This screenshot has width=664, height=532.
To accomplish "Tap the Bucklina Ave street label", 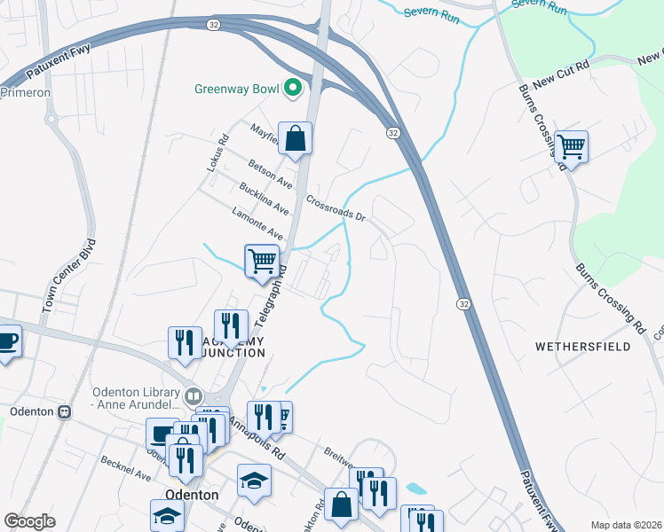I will point(264,198).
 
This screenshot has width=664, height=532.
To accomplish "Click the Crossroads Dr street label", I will point(336,208).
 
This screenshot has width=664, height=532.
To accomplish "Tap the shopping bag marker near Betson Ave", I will point(296,138).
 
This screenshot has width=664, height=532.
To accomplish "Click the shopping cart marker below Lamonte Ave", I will point(262,261).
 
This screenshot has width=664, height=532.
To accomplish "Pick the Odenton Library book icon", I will point(194,395).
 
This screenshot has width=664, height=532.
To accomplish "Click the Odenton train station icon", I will point(64,411).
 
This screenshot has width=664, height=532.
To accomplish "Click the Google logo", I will point(29,521).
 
